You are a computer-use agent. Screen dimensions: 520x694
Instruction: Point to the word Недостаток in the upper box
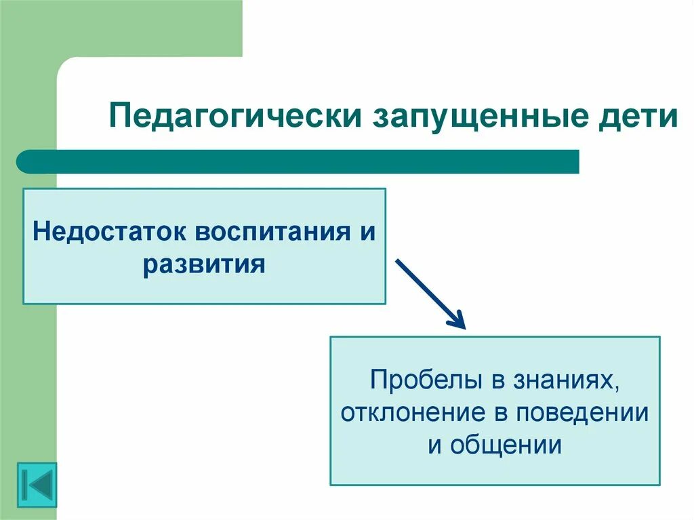click(x=108, y=233)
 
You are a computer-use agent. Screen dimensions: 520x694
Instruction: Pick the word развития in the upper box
click(x=203, y=263)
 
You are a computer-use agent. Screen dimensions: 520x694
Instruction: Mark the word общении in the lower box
click(x=505, y=445)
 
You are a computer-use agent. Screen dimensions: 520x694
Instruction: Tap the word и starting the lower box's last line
click(x=434, y=445)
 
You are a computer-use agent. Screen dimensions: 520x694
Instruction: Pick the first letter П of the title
click(x=119, y=117)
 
